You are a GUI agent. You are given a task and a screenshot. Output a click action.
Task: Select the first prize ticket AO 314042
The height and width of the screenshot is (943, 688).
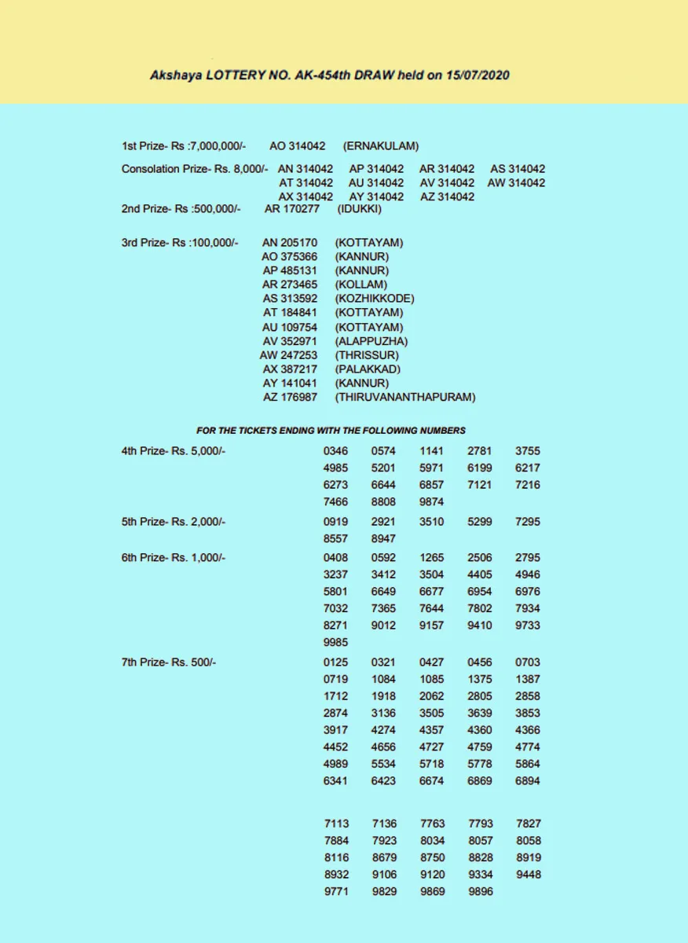click(x=297, y=146)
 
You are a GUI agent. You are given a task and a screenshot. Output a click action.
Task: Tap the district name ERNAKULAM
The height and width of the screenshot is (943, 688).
click(x=381, y=146)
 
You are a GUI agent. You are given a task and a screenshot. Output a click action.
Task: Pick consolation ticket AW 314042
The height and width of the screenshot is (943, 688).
click(x=516, y=183)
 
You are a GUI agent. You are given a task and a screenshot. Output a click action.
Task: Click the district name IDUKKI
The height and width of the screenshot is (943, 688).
click(x=360, y=209)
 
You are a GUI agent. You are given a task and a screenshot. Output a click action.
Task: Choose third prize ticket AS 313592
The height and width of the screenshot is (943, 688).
click(x=290, y=299)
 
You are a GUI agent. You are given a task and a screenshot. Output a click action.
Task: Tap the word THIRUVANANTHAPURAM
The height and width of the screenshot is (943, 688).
click(x=405, y=398)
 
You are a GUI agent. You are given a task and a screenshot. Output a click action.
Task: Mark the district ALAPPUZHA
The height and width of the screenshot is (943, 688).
click(x=371, y=341)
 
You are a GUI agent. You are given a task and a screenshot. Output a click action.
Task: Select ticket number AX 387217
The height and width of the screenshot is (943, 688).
click(x=290, y=369)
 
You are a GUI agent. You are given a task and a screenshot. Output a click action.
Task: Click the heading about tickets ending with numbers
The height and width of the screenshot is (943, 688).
click(x=331, y=431)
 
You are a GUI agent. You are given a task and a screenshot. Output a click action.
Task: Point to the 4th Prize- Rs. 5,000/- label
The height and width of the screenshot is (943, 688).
click(x=174, y=451)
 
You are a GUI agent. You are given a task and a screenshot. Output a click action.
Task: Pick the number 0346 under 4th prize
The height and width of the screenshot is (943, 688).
click(x=335, y=451)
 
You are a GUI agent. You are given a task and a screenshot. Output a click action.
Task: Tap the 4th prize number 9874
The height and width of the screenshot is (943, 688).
click(x=431, y=502)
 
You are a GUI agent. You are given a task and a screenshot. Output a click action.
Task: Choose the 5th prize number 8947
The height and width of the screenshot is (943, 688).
click(x=383, y=539)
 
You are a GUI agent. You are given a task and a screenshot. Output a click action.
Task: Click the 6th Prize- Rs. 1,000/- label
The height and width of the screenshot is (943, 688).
click(x=174, y=558)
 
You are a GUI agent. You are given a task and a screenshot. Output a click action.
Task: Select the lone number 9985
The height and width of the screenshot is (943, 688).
click(x=335, y=643)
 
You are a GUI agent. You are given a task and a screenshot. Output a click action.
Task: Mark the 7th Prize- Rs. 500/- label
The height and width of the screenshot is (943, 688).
click(x=169, y=662)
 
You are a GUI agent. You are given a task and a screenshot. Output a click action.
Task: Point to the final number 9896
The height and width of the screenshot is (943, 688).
click(x=480, y=892)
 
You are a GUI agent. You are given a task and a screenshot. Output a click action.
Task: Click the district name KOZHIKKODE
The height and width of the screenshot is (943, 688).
click(x=375, y=299)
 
